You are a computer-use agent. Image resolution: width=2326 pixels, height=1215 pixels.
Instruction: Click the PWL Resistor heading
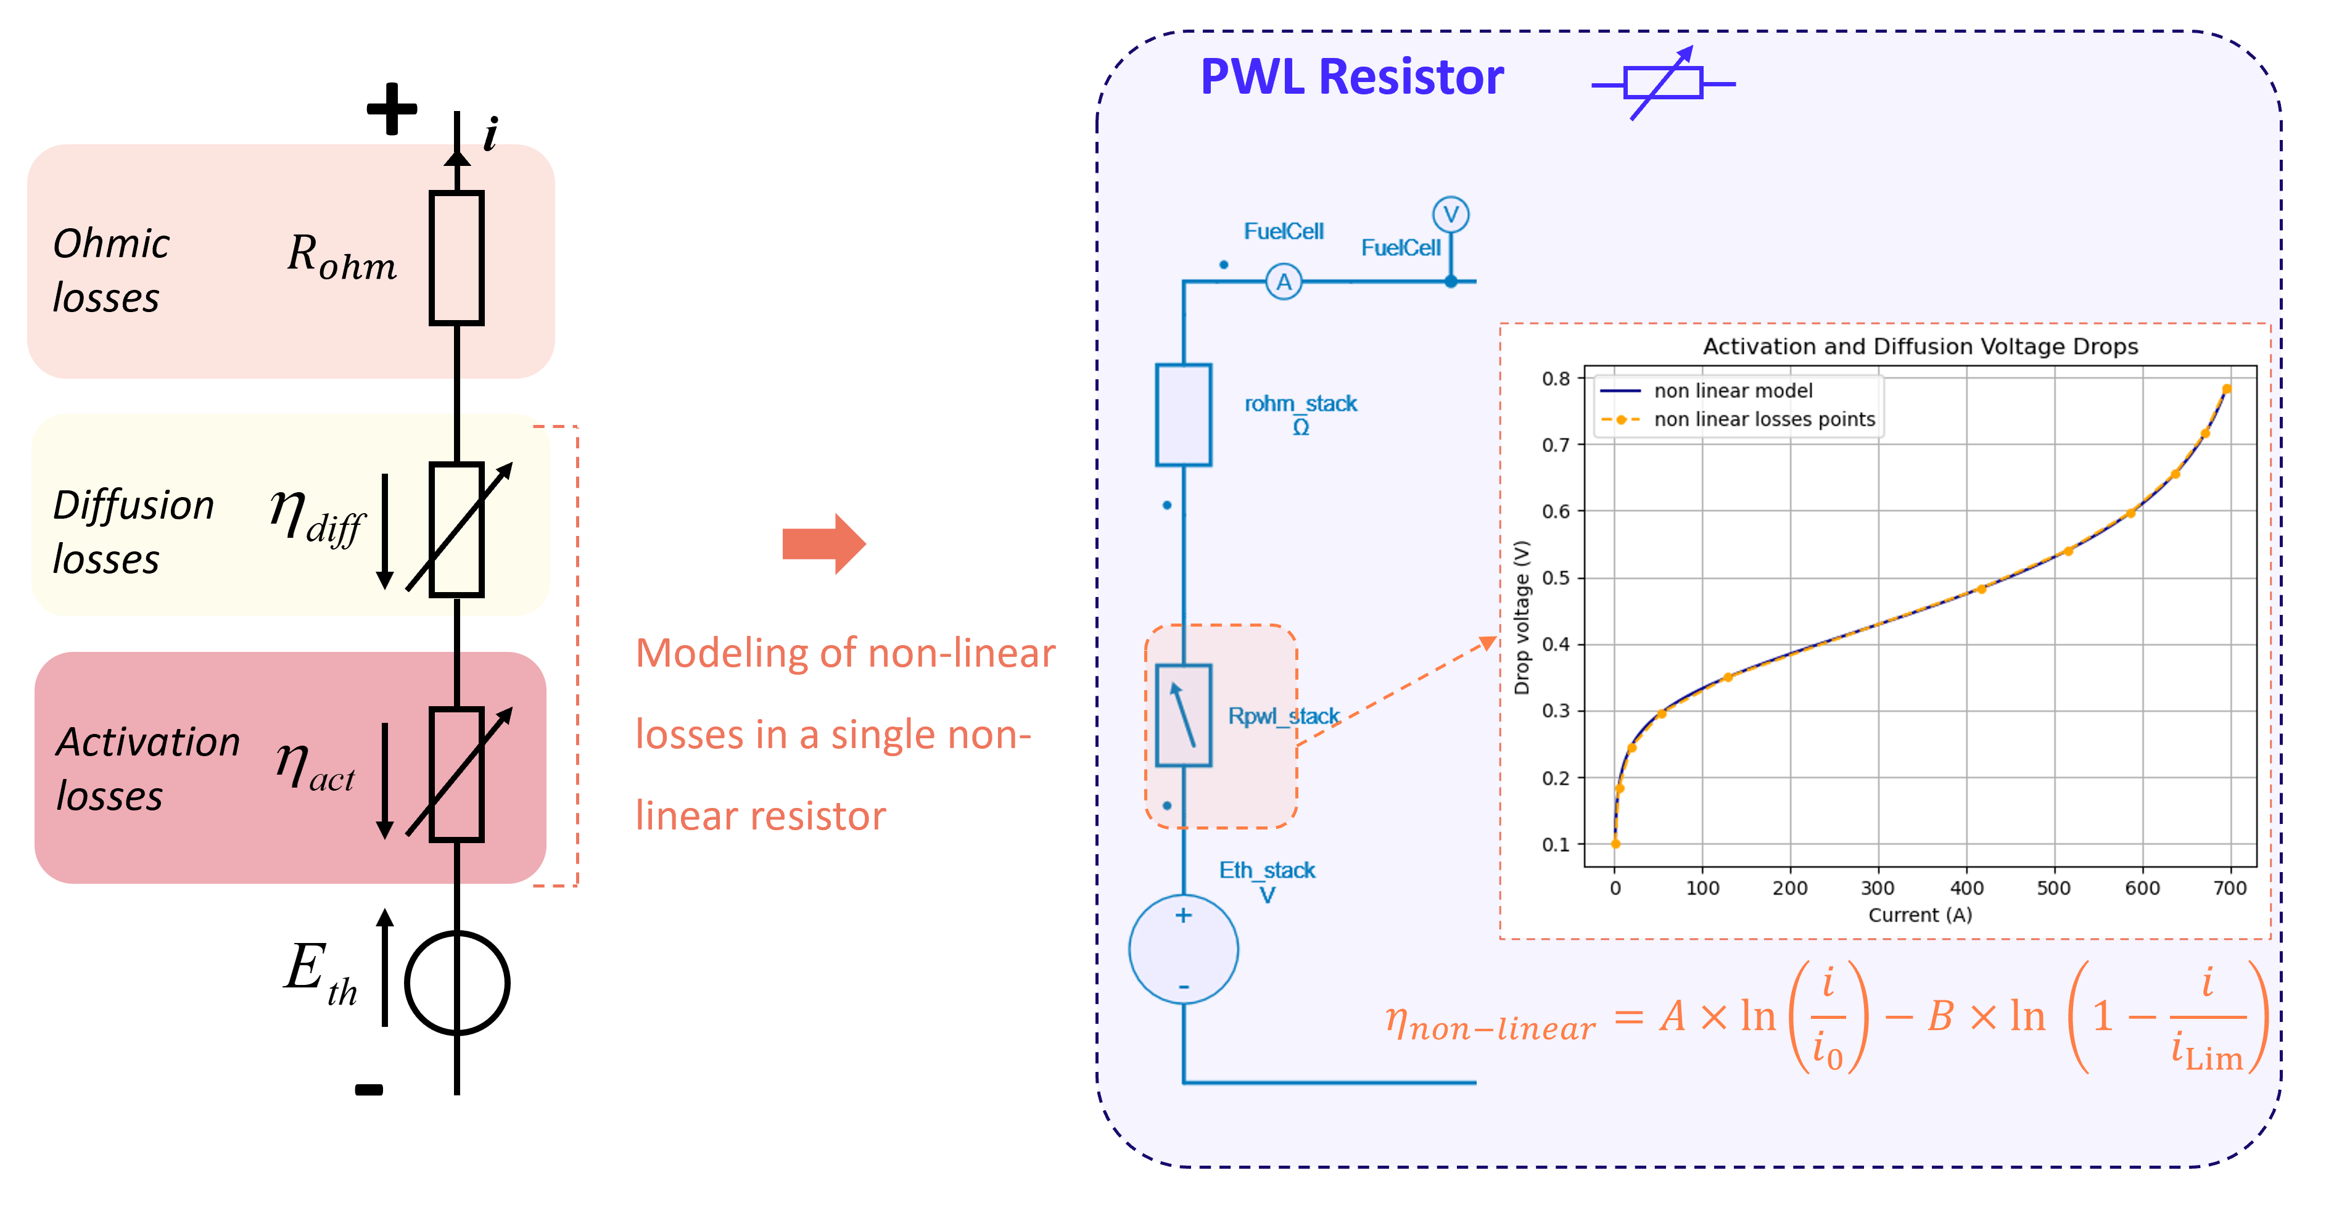(1351, 76)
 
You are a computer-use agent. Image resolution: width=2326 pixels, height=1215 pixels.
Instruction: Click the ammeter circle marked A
(1283, 282)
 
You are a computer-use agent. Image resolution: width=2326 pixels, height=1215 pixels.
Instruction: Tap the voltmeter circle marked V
(1450, 215)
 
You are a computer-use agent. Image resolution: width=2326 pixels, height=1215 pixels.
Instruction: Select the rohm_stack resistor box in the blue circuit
(1183, 415)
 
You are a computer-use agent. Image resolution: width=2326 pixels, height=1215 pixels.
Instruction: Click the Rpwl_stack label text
(1283, 716)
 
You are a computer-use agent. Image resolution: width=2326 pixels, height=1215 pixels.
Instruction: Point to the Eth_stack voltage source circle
(1183, 950)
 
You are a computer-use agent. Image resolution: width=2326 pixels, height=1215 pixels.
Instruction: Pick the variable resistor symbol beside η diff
(457, 530)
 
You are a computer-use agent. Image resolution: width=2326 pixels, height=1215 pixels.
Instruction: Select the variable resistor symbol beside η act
(457, 775)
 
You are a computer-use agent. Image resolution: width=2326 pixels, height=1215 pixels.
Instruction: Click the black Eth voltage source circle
(457, 983)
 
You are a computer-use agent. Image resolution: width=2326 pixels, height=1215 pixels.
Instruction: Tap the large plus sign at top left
(392, 109)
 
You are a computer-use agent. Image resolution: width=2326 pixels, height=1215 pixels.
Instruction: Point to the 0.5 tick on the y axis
(1555, 578)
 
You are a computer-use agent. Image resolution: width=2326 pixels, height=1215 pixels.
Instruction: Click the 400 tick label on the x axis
(1966, 888)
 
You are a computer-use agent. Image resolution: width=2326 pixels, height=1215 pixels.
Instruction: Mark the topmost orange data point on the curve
(2227, 389)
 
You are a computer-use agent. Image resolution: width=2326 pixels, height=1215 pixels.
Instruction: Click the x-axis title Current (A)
(1920, 915)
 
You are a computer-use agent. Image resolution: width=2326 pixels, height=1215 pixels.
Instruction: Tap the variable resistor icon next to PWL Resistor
(1663, 83)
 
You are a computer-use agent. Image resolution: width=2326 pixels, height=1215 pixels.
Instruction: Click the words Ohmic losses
(110, 270)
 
